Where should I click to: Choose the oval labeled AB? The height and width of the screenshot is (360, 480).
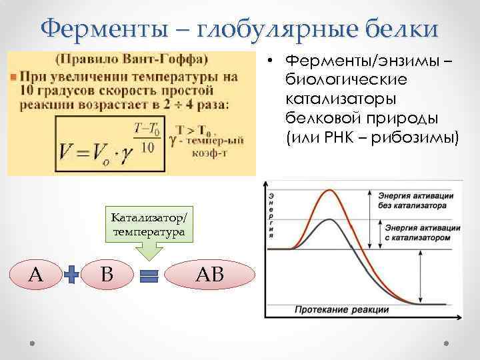(209, 274)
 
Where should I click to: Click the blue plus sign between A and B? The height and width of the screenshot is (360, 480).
(72, 274)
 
